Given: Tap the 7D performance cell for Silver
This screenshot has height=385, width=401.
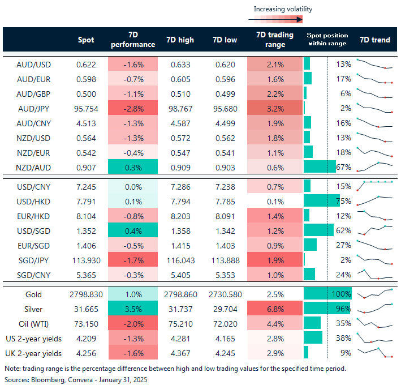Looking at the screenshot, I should click(132, 309).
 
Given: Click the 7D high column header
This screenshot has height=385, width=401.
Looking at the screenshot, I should click(180, 40).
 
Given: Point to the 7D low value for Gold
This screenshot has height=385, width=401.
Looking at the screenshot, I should click(225, 295).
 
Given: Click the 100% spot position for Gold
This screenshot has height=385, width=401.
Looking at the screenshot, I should click(343, 295).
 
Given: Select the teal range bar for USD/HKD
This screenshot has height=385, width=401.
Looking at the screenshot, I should click(321, 200).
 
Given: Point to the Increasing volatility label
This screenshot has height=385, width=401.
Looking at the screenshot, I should click(282, 9).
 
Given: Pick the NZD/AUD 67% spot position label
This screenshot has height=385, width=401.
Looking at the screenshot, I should click(343, 167).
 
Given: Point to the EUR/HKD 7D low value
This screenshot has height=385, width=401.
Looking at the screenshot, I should click(225, 215).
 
